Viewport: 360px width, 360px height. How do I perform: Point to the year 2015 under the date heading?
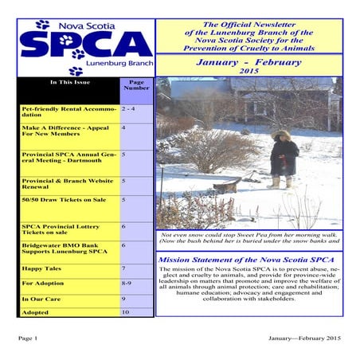(248, 72)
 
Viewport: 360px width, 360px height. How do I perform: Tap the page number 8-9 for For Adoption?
(127, 283)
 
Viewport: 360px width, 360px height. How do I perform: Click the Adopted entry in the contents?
(36, 313)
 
